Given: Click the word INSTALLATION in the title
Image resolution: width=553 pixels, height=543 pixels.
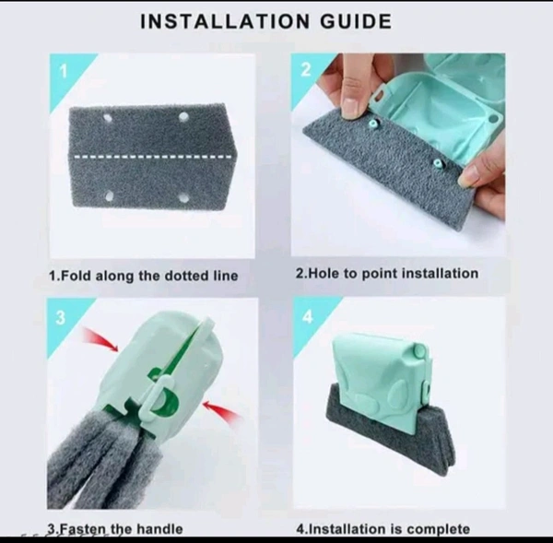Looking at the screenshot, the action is point(225,21).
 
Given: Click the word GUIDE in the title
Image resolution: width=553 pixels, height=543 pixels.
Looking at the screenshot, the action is point(356,21).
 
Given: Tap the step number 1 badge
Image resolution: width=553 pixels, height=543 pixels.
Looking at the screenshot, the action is point(64,72).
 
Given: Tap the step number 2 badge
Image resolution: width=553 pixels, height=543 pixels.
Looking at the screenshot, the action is point(306,69).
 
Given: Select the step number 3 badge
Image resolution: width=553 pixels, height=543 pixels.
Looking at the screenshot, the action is point(60,317).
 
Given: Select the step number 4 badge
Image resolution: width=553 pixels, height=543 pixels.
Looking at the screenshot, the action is point(308,316).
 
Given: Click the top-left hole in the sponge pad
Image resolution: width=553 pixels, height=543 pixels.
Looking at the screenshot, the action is point(108,118).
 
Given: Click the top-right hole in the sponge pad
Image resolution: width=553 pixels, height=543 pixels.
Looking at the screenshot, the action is point(183,117).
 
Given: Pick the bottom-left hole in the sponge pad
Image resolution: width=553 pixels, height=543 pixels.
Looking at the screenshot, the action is point(110,195).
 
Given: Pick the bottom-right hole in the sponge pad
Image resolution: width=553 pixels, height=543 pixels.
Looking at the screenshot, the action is point(183,198).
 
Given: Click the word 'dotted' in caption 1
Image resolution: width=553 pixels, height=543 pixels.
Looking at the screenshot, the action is point(187,276).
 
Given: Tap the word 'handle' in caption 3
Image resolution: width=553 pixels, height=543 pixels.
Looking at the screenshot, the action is point(159,528).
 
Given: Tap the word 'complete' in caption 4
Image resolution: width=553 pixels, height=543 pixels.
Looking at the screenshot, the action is point(438,528).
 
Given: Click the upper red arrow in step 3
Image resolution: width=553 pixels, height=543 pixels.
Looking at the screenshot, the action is point(100,339).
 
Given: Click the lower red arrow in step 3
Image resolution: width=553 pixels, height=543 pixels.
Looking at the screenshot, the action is point(221,410).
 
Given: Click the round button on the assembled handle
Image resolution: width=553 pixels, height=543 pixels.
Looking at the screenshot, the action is point(419,350).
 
